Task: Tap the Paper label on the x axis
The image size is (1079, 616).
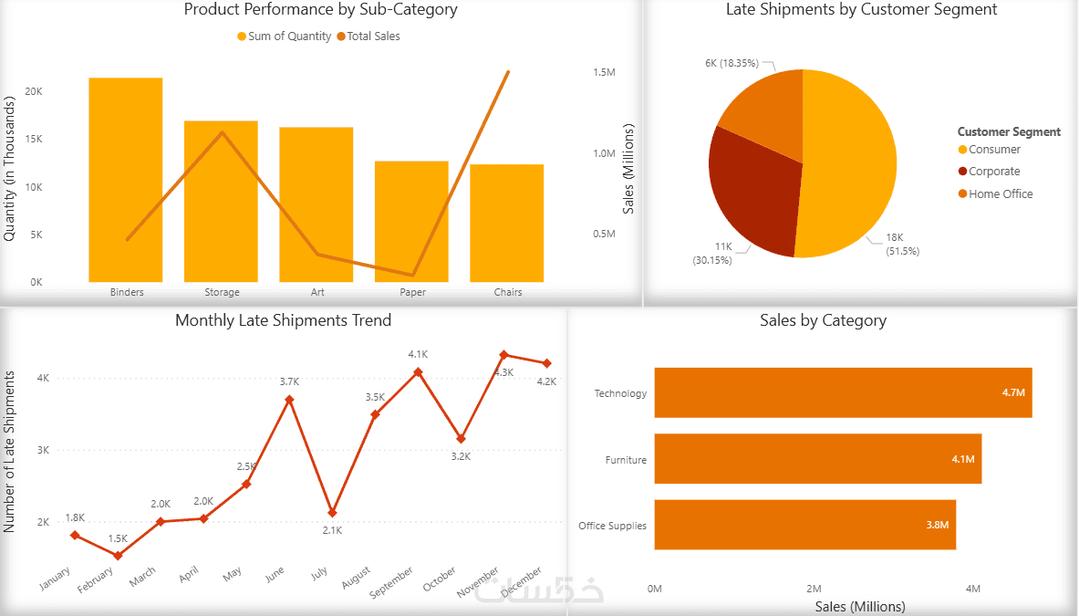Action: (x=412, y=293)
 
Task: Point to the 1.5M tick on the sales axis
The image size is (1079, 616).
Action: (x=604, y=72)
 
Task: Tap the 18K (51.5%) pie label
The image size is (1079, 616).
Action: (x=901, y=244)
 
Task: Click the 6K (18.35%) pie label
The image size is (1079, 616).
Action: (x=731, y=63)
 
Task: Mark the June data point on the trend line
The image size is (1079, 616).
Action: (x=289, y=400)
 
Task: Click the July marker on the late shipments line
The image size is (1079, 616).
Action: (x=332, y=513)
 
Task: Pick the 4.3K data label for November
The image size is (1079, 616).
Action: (x=503, y=372)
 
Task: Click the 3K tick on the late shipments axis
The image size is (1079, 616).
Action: (x=44, y=450)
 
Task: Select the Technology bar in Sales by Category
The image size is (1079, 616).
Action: (x=843, y=392)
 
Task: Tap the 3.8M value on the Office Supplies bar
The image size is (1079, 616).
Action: (x=938, y=526)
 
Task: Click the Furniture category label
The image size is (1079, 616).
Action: (x=626, y=460)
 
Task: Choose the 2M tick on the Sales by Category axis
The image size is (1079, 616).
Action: (x=814, y=589)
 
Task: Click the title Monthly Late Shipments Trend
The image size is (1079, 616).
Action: (x=283, y=320)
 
